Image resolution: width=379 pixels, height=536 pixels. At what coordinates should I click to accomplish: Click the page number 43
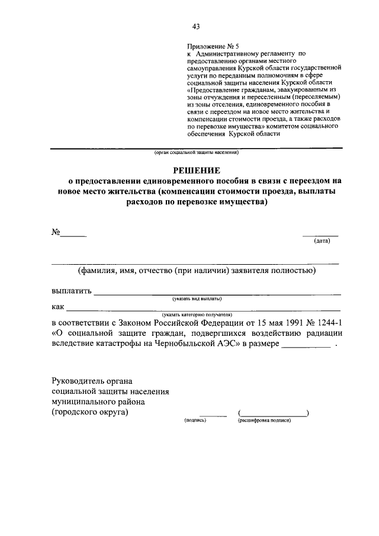pos(196,26)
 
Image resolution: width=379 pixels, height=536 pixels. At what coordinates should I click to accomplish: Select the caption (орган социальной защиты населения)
pos(196,152)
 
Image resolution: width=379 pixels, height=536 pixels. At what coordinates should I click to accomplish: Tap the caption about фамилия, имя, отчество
pos(196,271)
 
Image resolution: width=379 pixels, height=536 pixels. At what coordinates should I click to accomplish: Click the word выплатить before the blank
pos(72,291)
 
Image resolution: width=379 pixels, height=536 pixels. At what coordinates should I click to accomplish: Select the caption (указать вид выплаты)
pos(196,299)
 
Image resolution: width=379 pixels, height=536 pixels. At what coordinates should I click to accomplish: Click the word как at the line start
pos(57,307)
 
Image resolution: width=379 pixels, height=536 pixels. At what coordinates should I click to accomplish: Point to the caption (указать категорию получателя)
pos(196,314)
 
